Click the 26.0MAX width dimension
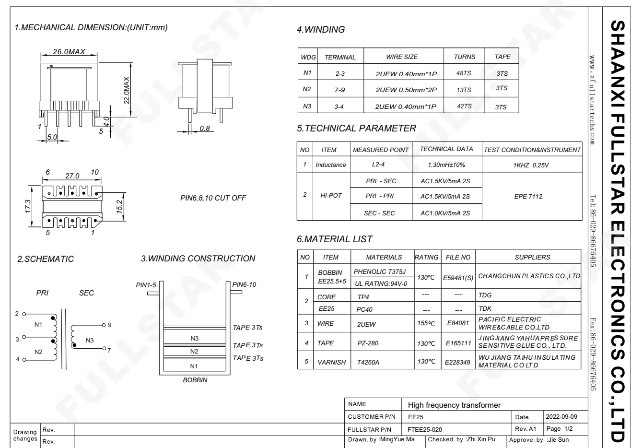point(69,51)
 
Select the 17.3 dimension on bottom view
point(28,206)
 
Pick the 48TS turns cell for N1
point(464,73)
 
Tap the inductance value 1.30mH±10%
point(446,165)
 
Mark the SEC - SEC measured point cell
point(380,213)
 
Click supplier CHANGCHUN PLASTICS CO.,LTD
point(529,276)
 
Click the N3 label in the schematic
point(89,340)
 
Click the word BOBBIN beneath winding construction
point(195,379)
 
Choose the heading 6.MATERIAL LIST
point(335,239)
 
